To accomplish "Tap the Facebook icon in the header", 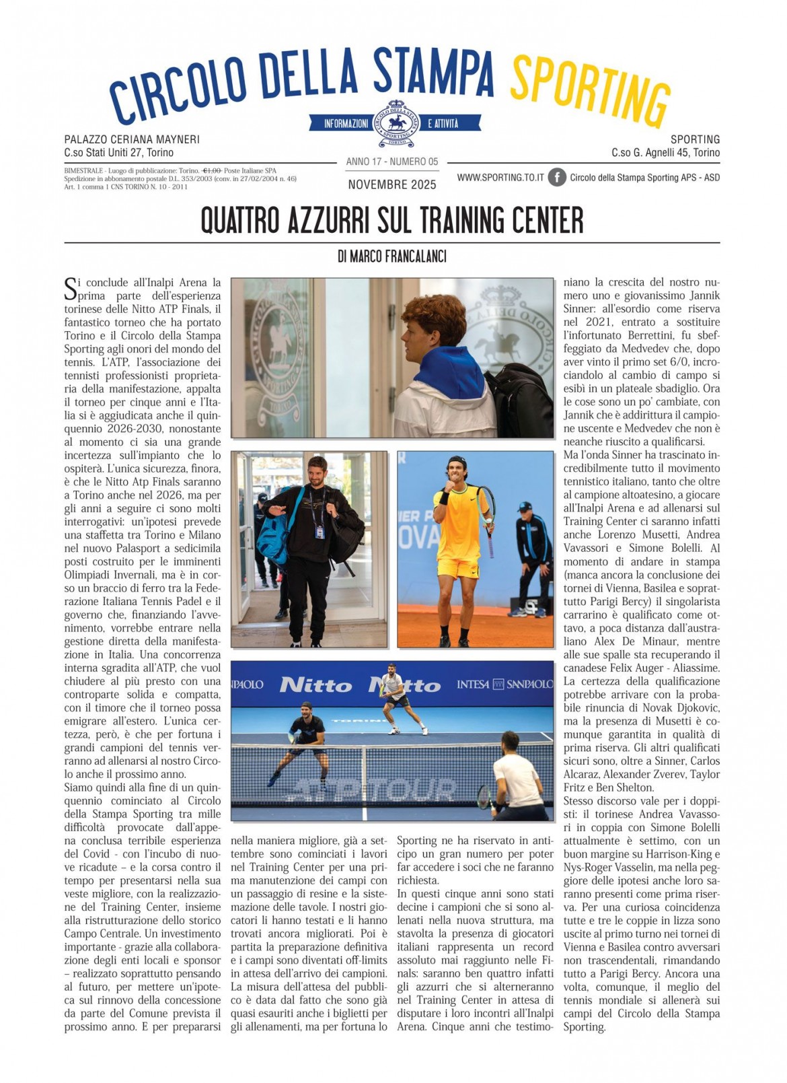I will pyautogui.click(x=556, y=177).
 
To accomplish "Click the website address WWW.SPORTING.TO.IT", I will pyautogui.click(x=500, y=177).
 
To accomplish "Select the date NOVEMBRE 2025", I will pyautogui.click(x=392, y=184).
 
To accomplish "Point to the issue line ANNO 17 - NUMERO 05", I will pyautogui.click(x=392, y=162).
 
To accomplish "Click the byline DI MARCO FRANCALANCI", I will pyautogui.click(x=392, y=256).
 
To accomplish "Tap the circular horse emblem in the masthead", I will pyautogui.click(x=395, y=123).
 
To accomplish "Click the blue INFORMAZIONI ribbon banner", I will pyautogui.click(x=346, y=123).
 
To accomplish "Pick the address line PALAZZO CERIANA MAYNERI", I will pyautogui.click(x=132, y=139).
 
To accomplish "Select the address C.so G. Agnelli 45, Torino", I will pyautogui.click(x=665, y=153).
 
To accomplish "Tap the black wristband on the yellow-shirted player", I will pyautogui.click(x=444, y=498).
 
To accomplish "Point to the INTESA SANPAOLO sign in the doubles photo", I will pyautogui.click(x=504, y=684).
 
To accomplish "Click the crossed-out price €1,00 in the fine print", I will pyautogui.click(x=213, y=171).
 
